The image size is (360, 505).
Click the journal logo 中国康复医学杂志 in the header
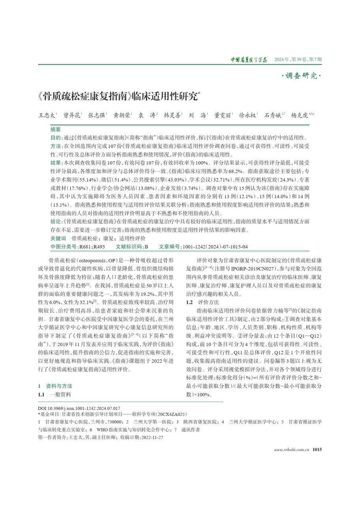pyautogui.click(x=249, y=60)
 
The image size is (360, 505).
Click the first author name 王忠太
pyautogui.click(x=46, y=115)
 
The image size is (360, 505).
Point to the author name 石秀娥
pyautogui.click(x=272, y=115)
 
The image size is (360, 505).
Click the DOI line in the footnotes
pyautogui.click(x=79, y=408)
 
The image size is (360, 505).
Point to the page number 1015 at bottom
pyautogui.click(x=317, y=449)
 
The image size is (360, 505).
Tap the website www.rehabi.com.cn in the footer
pyautogui.click(x=291, y=449)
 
